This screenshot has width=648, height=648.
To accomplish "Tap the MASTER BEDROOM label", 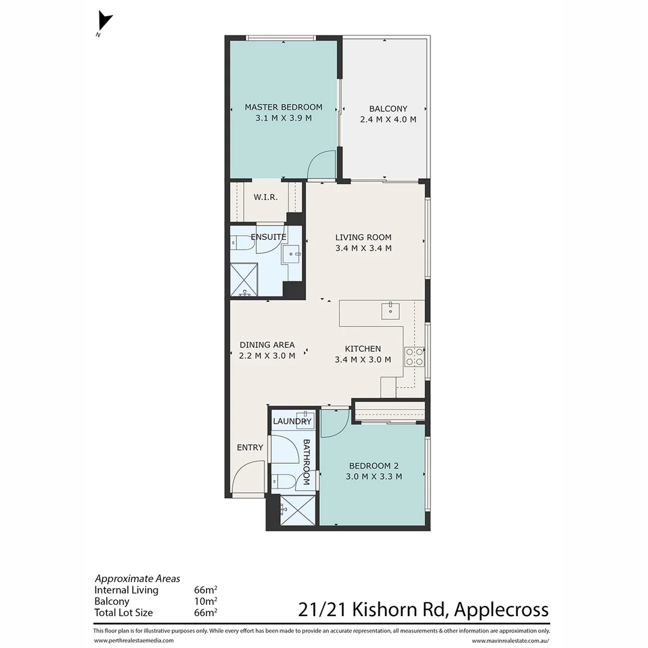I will pyautogui.click(x=283, y=107).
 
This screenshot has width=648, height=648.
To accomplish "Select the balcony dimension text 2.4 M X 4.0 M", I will pyautogui.click(x=388, y=119).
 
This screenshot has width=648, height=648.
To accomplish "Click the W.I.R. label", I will pyautogui.click(x=265, y=197).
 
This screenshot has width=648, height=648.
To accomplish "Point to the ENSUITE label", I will pyautogui.click(x=268, y=237).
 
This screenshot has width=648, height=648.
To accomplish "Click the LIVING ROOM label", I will pyautogui.click(x=363, y=237).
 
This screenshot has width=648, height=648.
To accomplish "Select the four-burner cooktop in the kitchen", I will pyautogui.click(x=414, y=356).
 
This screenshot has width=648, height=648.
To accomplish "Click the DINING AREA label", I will pyautogui.click(x=267, y=345).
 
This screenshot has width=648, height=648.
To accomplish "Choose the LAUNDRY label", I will pyautogui.click(x=292, y=422).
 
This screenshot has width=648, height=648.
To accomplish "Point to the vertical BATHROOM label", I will pyautogui.click(x=306, y=462).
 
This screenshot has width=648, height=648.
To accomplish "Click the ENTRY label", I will pyautogui.click(x=250, y=448).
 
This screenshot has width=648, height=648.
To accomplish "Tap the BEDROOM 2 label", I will pyautogui.click(x=374, y=466).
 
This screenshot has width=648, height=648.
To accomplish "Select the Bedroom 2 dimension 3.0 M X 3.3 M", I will pyautogui.click(x=374, y=477).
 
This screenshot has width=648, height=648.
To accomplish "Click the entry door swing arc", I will pyautogui.click(x=247, y=476).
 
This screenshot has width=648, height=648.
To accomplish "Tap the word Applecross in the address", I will pyautogui.click(x=501, y=610).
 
